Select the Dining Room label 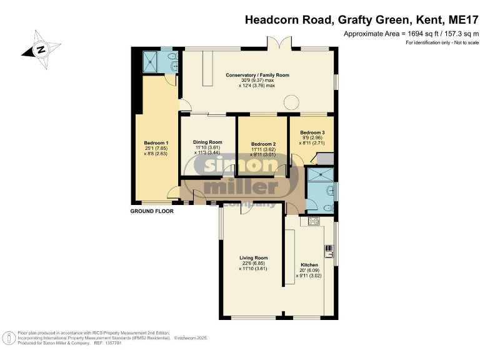coord(207,142)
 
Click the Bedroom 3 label coord(312,132)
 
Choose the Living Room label coord(254,257)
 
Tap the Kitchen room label coord(309,265)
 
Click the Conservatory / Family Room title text coord(257,75)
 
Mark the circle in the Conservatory coord(291,102)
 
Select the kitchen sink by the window coord(329,251)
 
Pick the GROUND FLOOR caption coord(151,211)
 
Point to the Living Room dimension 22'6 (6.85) coord(254,264)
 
